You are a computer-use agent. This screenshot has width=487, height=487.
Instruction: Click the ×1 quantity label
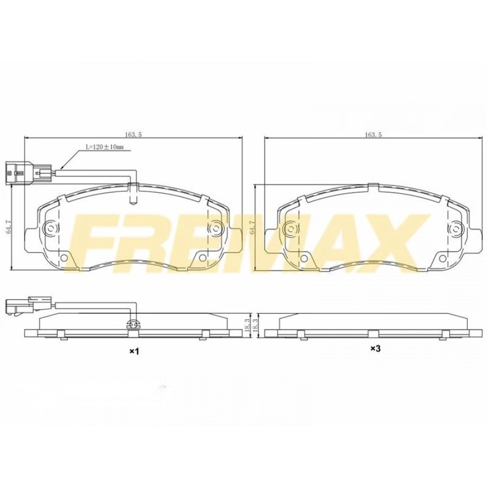134,351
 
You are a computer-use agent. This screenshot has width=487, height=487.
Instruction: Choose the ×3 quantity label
376,349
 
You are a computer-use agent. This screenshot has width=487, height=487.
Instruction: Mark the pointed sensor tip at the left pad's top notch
134,202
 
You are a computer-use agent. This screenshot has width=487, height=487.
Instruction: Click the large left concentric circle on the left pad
51,229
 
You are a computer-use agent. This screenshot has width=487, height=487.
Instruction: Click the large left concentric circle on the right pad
291,229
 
